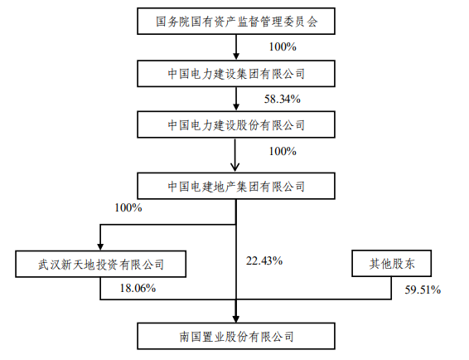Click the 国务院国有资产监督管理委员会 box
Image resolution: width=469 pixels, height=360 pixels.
tap(236, 21)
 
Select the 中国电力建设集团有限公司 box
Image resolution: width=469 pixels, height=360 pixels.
tap(236, 73)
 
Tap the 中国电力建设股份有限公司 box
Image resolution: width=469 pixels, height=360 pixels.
tap(236, 126)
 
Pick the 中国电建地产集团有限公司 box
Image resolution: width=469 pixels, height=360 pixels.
tap(236, 184)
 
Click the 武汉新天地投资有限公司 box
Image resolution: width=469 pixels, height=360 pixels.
tap(101, 265)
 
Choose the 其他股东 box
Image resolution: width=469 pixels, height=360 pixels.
tap(391, 265)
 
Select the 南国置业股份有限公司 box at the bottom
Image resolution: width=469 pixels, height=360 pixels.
tap(236, 337)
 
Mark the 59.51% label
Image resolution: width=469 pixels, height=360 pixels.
tap(423, 290)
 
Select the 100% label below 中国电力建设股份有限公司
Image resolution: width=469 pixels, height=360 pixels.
tap(283, 152)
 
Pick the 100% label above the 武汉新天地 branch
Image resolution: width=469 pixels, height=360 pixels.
tap(129, 207)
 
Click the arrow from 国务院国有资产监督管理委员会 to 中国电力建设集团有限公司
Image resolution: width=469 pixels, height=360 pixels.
tap(237, 47)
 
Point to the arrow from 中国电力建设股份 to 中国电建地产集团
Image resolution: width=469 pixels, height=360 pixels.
tap(237, 155)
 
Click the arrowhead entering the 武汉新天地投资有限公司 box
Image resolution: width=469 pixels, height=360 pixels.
tap(101, 246)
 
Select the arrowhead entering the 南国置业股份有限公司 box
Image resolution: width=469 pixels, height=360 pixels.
tap(237, 317)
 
